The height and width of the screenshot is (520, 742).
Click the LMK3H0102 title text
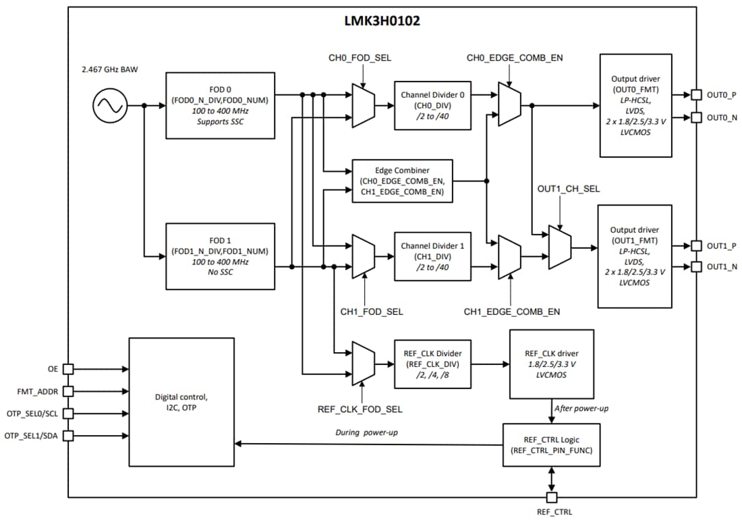tap(382, 21)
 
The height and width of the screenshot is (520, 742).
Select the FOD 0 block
tap(220, 105)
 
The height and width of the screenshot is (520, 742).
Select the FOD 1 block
tap(220, 256)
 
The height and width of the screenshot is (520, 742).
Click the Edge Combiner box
tap(402, 181)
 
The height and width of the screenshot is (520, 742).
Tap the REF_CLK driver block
tap(552, 364)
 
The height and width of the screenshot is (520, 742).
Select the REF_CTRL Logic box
tap(552, 444)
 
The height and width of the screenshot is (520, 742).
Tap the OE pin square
tap(68, 369)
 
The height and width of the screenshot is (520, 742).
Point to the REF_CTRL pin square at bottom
tap(552, 498)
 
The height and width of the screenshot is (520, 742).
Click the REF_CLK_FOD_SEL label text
tap(360, 409)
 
